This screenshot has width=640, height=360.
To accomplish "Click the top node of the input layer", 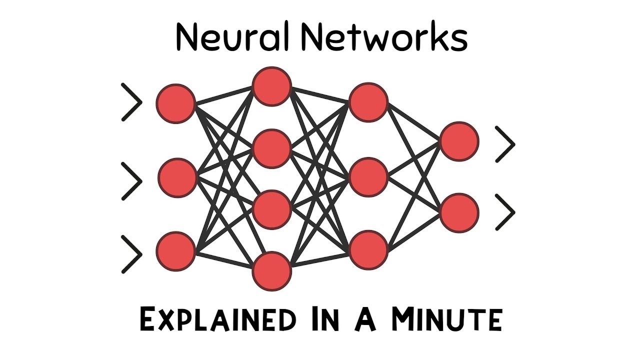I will [175, 103].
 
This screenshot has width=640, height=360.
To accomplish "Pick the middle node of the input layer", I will [177, 177].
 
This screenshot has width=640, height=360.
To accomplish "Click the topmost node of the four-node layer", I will [271, 86].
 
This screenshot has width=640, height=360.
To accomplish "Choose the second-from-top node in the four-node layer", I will [271, 148].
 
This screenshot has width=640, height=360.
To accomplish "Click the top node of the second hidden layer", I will [368, 102].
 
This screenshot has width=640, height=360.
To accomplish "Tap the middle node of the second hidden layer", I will [368, 177].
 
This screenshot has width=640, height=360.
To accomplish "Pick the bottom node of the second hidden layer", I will [368, 249].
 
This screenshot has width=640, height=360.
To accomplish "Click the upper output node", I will [459, 141].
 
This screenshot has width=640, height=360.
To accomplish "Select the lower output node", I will [459, 212].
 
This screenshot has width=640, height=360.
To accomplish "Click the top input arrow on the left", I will [132, 102].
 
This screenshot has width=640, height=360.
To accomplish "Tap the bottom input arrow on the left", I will [132, 254].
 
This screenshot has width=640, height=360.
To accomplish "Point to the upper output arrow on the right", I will [505, 144].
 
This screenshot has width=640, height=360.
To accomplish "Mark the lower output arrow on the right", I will [505, 212].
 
